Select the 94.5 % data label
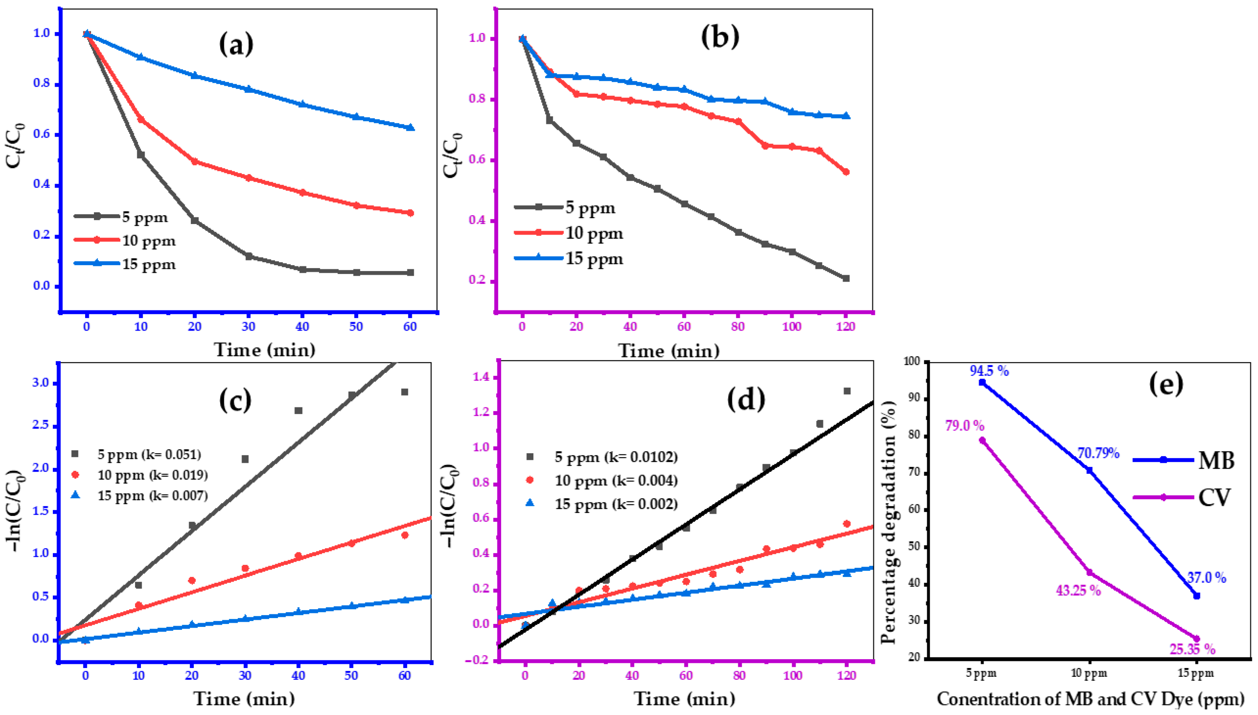coord(989,371)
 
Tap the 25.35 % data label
coord(1192,649)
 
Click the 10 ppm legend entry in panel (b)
coord(568,233)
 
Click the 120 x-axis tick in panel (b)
coord(845,326)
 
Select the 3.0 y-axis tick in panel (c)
coord(41,383)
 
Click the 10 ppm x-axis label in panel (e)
coord(1089,673)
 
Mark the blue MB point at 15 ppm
coord(1197,596)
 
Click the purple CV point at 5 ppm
coord(982,440)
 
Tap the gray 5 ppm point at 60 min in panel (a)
coord(411,273)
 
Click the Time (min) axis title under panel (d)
coord(685,698)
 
